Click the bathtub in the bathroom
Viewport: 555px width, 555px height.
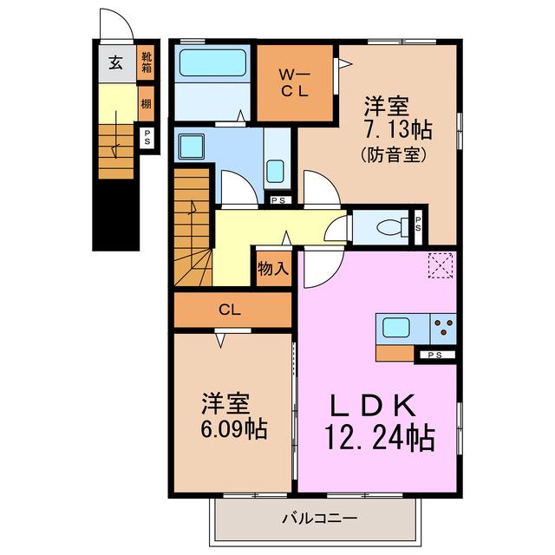click(212, 62)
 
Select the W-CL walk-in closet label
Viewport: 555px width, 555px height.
click(294, 83)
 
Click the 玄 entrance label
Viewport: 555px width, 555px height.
click(115, 62)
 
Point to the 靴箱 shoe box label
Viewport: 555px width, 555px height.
click(147, 62)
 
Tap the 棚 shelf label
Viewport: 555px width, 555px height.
click(147, 104)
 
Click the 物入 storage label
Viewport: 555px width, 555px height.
click(273, 268)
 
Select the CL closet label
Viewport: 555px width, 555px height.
click(230, 310)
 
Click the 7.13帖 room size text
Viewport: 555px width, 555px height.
click(398, 129)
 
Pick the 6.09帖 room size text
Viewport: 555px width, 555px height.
click(234, 429)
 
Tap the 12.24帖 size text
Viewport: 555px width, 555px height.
click(380, 437)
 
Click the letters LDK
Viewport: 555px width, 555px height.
click(373, 406)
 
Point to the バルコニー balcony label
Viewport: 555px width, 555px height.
click(320, 519)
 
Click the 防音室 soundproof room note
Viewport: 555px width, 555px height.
click(393, 154)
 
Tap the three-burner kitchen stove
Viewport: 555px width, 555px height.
click(443, 329)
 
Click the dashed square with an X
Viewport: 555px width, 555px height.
click(441, 265)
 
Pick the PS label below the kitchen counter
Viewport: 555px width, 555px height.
click(434, 355)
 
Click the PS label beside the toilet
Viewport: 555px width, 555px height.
click(418, 224)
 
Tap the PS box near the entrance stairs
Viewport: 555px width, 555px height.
click(147, 138)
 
